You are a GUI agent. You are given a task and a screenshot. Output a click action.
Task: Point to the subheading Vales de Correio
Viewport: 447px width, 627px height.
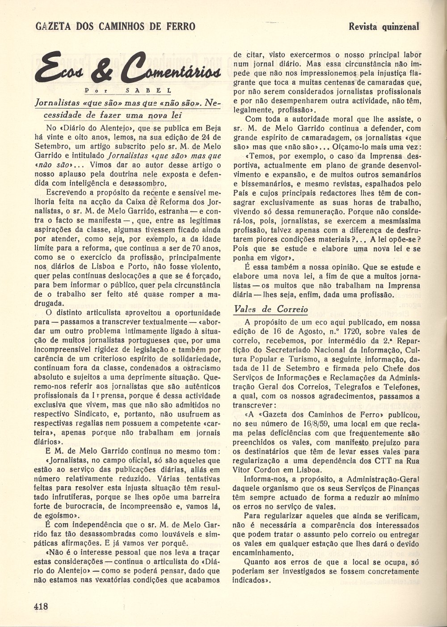271,309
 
